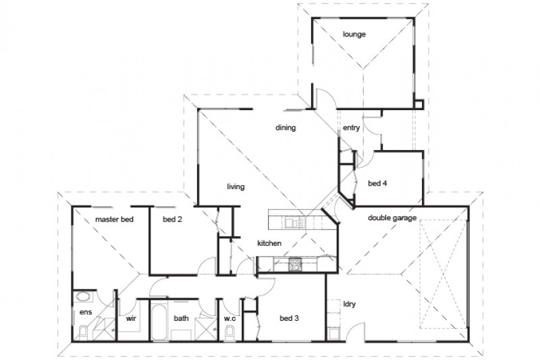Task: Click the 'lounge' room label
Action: [354, 33]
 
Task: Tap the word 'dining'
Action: [286, 127]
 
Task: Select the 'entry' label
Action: [351, 128]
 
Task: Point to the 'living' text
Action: [235, 186]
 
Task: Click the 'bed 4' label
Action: [377, 182]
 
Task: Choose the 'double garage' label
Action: [391, 217]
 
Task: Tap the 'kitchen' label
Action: [269, 243]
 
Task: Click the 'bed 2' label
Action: [172, 220]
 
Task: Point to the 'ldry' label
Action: [350, 304]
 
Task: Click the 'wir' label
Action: [131, 316]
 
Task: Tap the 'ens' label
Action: [85, 312]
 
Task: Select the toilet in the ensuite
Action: [82, 331]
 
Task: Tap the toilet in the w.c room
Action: [230, 330]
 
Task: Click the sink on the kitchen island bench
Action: [291, 222]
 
